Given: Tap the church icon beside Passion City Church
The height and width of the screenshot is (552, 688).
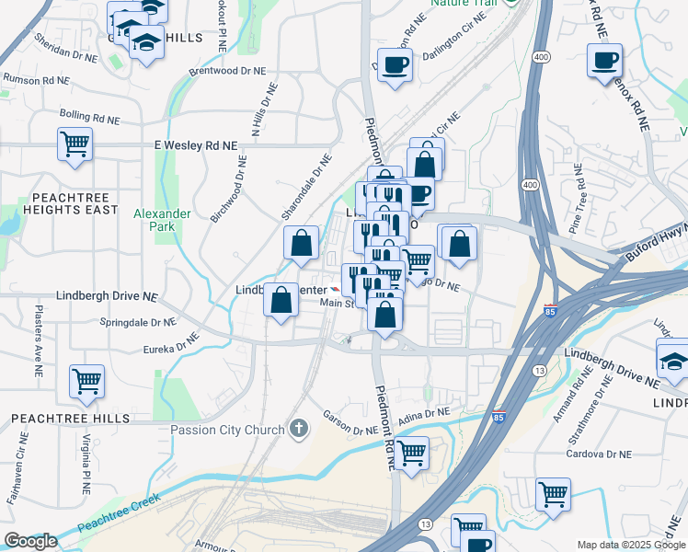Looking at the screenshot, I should tap(298, 429).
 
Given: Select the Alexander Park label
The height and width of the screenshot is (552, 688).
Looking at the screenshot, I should tap(162, 220).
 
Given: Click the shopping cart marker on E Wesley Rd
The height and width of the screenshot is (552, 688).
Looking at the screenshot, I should tap(75, 143).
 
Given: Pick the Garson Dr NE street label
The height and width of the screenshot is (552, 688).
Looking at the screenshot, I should tap(350, 429).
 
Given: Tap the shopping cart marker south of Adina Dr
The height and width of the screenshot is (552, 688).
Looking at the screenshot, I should tap(411, 452).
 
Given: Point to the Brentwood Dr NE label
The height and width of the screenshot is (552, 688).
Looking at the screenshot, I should tap(225, 70).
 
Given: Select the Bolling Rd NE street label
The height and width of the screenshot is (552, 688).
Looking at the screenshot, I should tap(89, 118).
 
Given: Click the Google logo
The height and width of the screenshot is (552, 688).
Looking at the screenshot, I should tap(30, 541).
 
